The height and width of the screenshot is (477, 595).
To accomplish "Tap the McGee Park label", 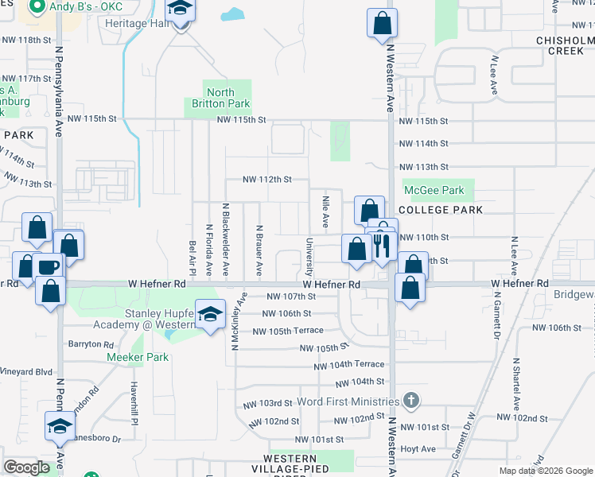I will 434,190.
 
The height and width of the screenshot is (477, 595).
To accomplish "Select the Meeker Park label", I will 138,357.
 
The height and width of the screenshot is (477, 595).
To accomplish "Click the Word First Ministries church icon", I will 410,399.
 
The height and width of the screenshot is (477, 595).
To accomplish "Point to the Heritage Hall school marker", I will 181,13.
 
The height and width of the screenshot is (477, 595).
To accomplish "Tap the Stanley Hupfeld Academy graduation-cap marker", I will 210,315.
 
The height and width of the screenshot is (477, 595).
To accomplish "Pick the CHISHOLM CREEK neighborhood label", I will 565,45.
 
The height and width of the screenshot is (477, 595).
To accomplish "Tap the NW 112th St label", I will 269,179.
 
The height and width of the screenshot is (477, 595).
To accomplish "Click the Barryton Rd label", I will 91,344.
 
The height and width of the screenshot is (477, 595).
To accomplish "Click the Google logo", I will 26,467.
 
